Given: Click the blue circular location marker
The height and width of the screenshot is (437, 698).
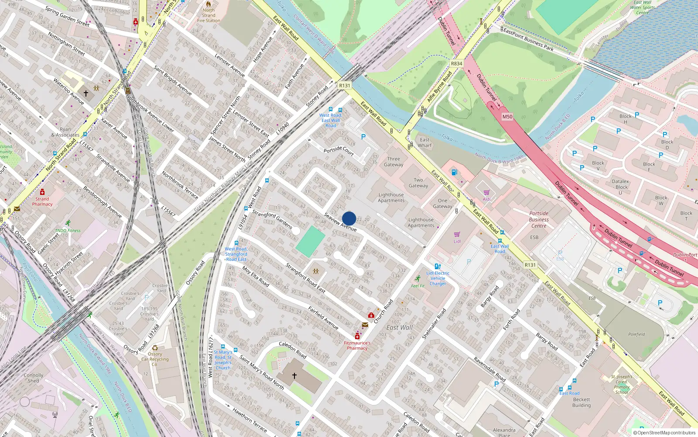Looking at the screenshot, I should [349, 218].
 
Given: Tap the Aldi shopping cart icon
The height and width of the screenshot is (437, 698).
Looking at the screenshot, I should [486, 193].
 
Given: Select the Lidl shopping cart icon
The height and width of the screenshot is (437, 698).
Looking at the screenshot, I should [457, 235].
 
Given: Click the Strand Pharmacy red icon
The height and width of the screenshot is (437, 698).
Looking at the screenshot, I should [42, 192].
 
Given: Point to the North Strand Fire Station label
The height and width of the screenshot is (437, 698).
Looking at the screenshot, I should [209, 15].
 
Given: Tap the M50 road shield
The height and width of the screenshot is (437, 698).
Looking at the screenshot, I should [507, 117].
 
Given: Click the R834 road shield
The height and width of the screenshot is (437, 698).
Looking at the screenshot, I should [456, 63].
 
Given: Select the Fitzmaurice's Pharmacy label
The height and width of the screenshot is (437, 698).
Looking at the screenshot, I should [357, 345].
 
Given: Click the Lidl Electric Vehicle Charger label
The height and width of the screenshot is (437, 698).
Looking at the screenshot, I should [438, 278].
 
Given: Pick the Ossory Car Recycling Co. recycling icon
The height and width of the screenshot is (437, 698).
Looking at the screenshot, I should [155, 348].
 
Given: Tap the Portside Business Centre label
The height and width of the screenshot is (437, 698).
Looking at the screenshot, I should [539, 220].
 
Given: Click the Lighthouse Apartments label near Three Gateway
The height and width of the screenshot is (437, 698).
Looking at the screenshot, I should [391, 198].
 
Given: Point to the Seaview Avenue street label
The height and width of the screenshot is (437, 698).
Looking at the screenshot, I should [340, 222].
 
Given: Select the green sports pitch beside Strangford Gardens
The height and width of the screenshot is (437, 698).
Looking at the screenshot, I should [310, 241].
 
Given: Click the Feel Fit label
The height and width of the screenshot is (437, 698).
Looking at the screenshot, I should [417, 286].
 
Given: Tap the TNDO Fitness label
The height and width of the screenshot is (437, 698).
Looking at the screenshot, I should [68, 230].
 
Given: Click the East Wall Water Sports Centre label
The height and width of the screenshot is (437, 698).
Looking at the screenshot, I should [642, 7].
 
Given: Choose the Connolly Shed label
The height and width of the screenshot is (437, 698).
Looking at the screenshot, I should [34, 378].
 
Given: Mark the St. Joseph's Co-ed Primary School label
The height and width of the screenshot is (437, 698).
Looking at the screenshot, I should [622, 384].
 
